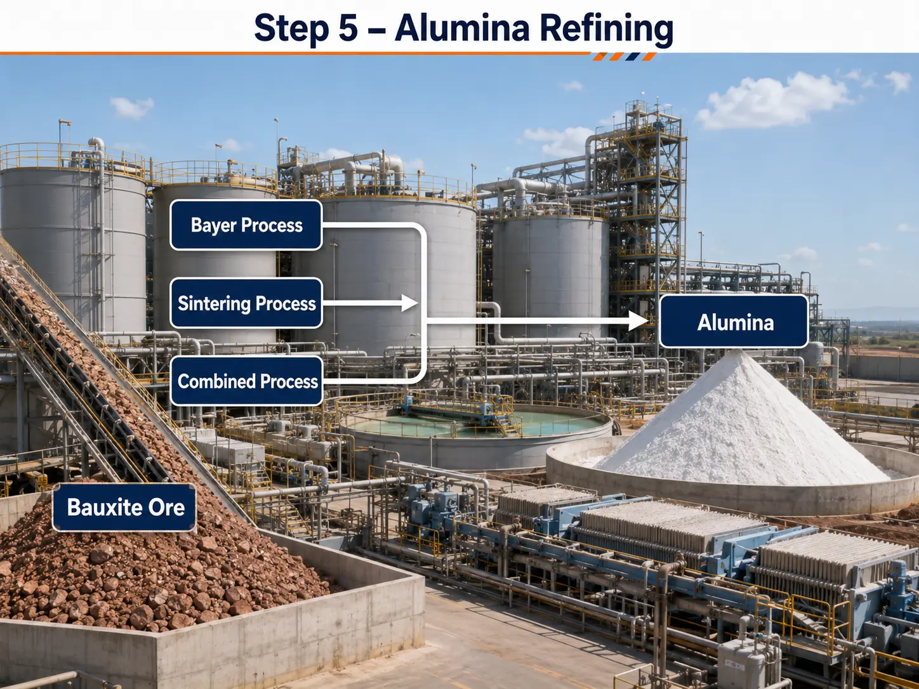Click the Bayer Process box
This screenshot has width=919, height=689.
pos(246,225)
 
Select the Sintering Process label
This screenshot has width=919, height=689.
pos(246,303)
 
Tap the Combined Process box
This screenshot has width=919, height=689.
pos(247,381)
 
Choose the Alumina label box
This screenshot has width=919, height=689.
pos(734,321)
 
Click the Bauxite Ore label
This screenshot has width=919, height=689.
pos(124,508)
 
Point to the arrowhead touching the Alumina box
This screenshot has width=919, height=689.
pos(639,321)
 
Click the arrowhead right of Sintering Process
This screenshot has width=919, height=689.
pos(409,303)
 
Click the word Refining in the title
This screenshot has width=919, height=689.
pos(607,29)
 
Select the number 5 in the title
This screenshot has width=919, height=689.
pos(348,29)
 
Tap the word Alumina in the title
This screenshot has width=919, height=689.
pos(462,28)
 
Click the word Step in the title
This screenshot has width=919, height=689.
pos(291,29)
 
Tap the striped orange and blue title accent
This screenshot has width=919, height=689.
pos(625,56)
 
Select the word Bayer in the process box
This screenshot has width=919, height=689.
pos(213,225)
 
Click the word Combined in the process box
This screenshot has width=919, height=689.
pos(216,381)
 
